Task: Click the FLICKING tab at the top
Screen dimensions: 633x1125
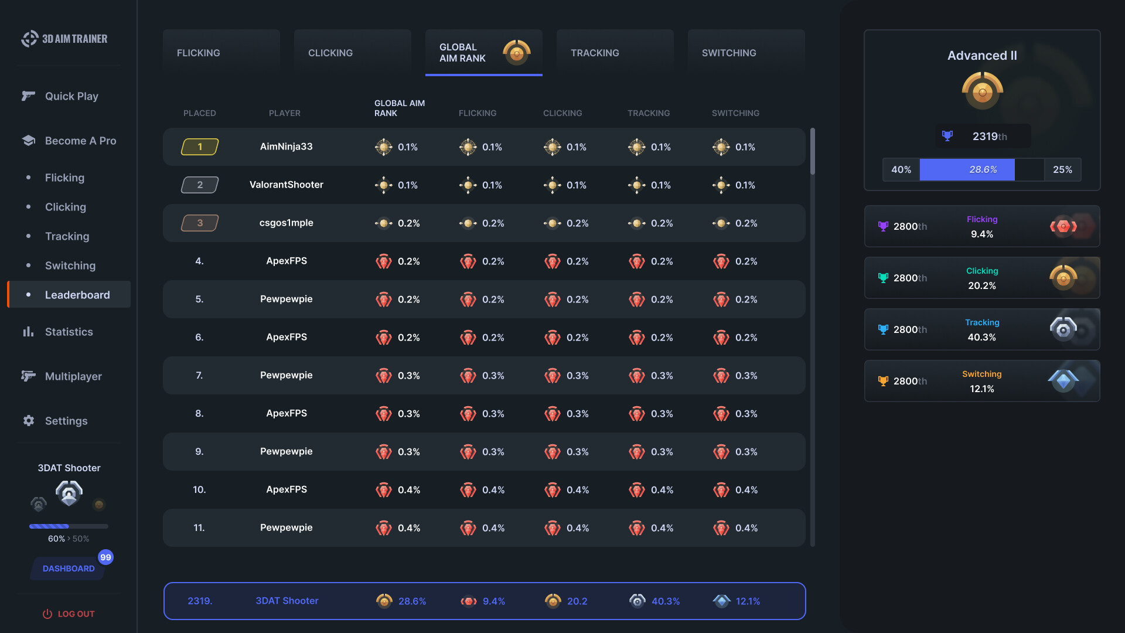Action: tap(221, 53)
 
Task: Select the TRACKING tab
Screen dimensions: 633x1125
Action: tap(615, 53)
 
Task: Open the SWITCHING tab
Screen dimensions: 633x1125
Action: tap(746, 53)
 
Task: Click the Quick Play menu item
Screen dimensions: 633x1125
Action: tap(71, 96)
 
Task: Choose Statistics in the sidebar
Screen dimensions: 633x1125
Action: tap(69, 332)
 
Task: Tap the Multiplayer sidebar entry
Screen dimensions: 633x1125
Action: tap(73, 376)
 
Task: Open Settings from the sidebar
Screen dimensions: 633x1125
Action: tap(66, 421)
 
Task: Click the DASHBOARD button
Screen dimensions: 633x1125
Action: tap(68, 569)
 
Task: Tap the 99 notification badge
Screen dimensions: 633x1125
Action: tap(105, 557)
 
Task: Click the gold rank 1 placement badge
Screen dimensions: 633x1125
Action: tap(200, 147)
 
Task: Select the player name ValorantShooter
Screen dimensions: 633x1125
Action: tap(286, 185)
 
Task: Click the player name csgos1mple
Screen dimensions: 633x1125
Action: tap(286, 223)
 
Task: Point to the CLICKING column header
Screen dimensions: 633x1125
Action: tap(562, 113)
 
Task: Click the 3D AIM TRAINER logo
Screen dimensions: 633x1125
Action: tap(64, 39)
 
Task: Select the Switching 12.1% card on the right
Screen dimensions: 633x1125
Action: tap(982, 381)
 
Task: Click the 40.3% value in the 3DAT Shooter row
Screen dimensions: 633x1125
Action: tap(665, 601)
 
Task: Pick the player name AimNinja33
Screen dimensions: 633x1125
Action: tap(286, 147)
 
